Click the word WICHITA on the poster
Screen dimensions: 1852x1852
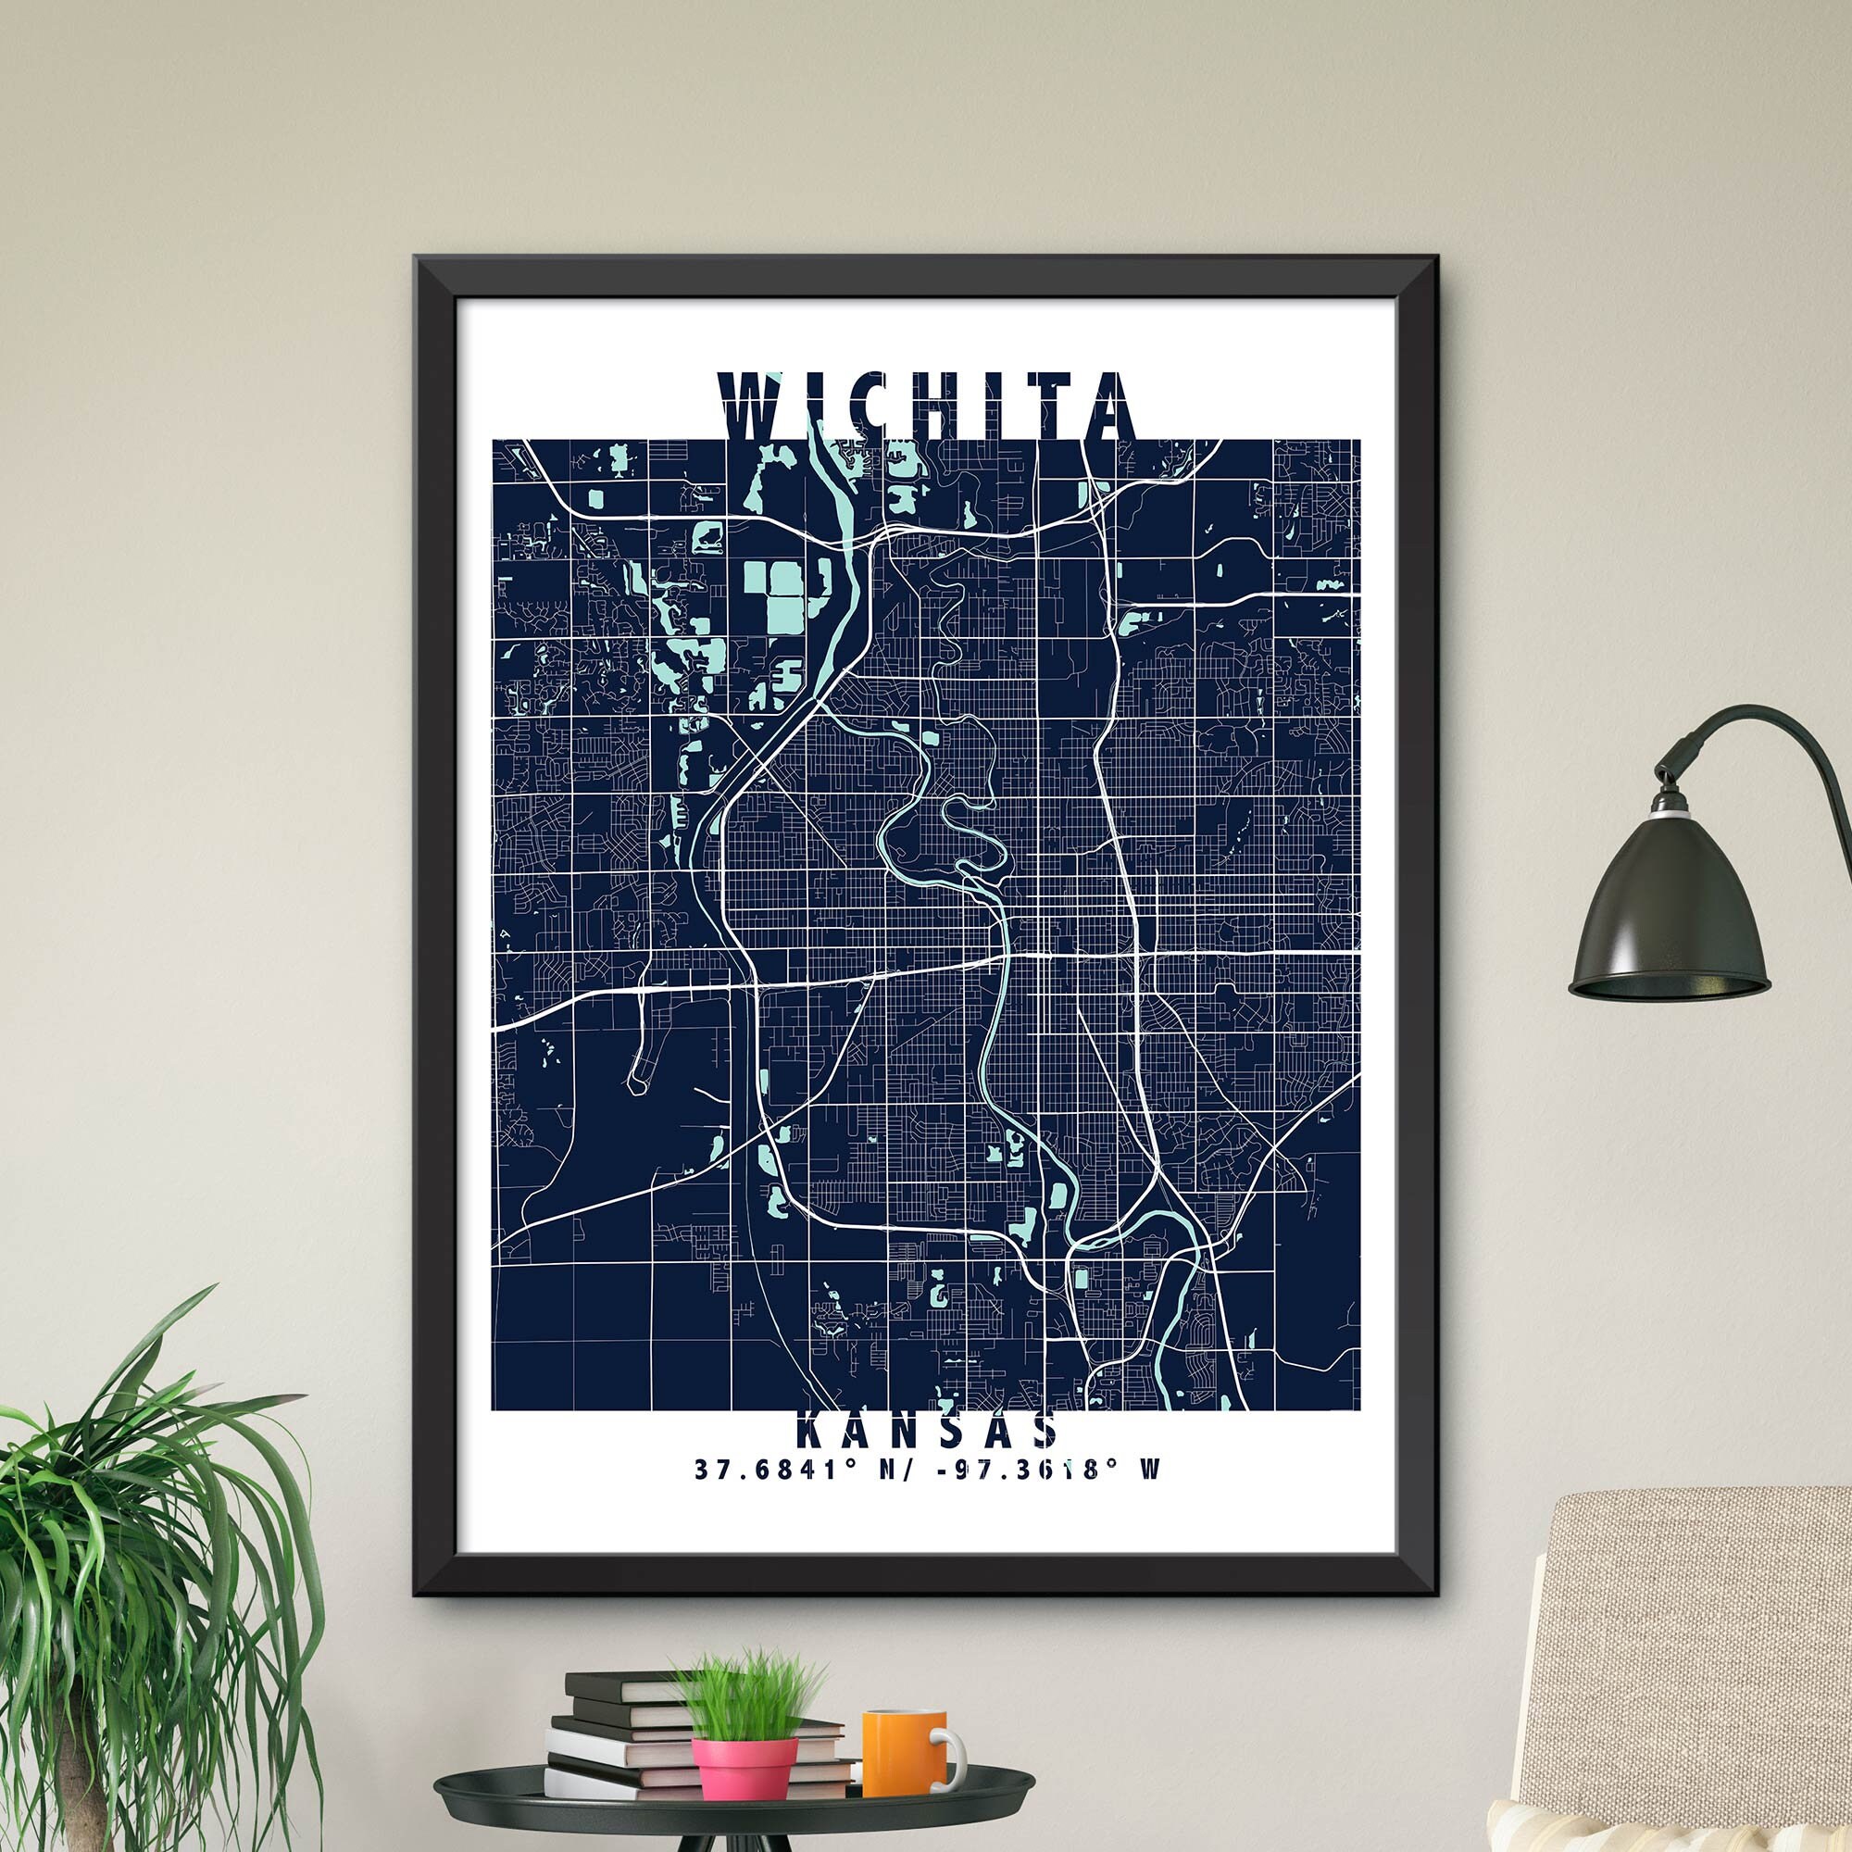coord(928,406)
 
